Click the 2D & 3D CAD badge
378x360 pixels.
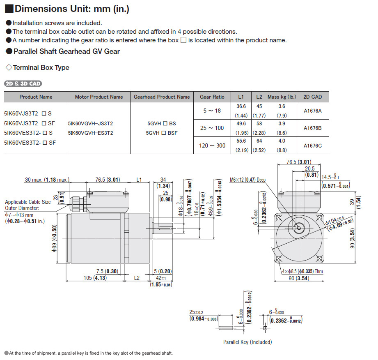click(x=23, y=83)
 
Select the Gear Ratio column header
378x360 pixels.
click(x=212, y=97)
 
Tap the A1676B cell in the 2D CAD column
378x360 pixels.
click(x=312, y=128)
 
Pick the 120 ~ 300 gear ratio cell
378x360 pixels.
click(x=212, y=145)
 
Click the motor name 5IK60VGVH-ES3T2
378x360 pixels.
click(x=90, y=133)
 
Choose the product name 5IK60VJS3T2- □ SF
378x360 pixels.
click(x=30, y=123)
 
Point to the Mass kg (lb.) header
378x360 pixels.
click(x=282, y=97)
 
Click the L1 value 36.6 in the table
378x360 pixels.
click(x=241, y=106)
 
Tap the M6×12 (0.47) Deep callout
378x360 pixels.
click(x=247, y=180)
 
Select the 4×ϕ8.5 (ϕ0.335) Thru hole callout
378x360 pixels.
click(x=302, y=271)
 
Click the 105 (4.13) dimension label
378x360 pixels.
click(x=95, y=278)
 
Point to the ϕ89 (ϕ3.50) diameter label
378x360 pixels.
click(x=55, y=238)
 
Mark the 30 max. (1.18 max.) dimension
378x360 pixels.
click(x=47, y=180)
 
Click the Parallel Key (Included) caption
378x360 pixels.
click(x=247, y=342)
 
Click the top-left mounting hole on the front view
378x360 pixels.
click(x=279, y=218)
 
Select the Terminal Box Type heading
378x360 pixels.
click(x=41, y=68)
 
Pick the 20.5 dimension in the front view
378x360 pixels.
click(x=309, y=168)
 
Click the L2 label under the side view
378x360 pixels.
click(x=137, y=278)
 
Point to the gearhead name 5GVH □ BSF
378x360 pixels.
click(x=162, y=133)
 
